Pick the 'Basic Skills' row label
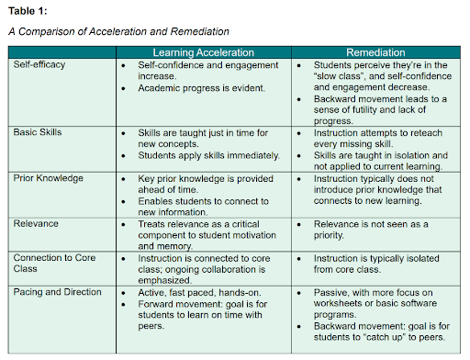[38, 132]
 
